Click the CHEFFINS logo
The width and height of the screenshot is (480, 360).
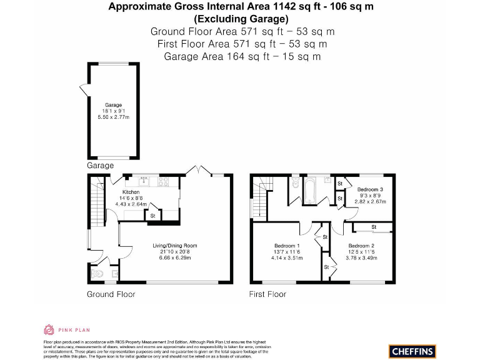click(412, 351)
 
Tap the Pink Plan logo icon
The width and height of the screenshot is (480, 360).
click(49, 329)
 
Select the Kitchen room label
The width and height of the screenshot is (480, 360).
click(131, 192)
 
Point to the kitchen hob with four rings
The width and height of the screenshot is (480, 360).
click(164, 182)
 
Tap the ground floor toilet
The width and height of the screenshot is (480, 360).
click(96, 273)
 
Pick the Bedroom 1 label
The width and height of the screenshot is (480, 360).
click(287, 246)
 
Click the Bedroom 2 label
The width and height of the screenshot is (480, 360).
click(361, 246)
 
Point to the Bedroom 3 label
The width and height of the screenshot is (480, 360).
click(370, 189)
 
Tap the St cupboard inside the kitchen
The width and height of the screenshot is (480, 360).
click(152, 216)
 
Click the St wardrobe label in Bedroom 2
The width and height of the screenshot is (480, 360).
click(374, 226)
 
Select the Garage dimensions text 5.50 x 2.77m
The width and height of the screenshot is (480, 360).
click(113, 117)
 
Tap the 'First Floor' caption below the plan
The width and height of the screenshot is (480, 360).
click(267, 294)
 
